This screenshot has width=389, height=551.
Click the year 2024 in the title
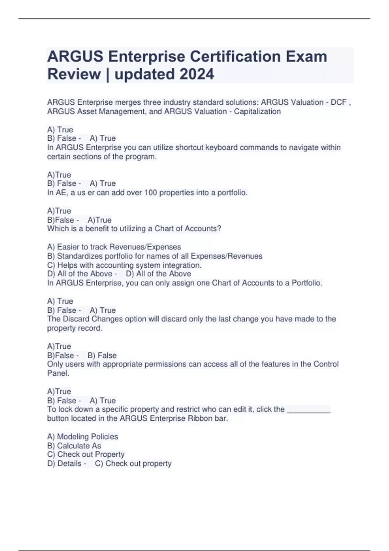(197, 74)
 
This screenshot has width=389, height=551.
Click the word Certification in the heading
(235, 56)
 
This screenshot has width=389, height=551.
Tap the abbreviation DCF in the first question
(338, 102)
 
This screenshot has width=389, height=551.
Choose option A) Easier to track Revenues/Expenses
(114, 247)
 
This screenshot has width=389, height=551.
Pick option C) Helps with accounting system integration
(124, 265)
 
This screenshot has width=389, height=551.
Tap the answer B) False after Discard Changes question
(102, 355)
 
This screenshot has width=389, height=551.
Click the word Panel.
(58, 373)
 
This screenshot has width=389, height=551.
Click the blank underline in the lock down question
(309, 410)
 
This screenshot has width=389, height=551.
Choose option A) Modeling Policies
(82, 437)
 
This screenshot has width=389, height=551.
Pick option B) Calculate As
(74, 446)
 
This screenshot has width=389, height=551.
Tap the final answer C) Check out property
(133, 463)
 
